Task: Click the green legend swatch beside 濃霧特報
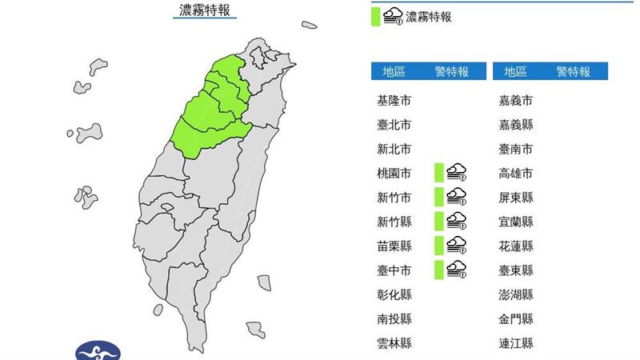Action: coord(375,16)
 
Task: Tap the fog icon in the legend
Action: coord(394,16)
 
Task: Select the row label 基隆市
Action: coord(394,101)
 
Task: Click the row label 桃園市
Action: coord(394,173)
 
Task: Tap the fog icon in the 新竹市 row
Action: coord(457,197)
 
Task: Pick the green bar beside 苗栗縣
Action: coord(438,245)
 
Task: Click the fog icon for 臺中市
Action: coord(457,270)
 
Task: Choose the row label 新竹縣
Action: coord(394,222)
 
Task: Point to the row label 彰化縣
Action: coord(394,294)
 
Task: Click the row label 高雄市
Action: coord(515,173)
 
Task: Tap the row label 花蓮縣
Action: coord(515,246)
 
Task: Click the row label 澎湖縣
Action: coord(515,294)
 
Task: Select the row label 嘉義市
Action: coord(515,101)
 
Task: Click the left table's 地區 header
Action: coord(394,72)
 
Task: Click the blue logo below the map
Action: coord(98,351)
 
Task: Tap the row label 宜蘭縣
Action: coord(515,222)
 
